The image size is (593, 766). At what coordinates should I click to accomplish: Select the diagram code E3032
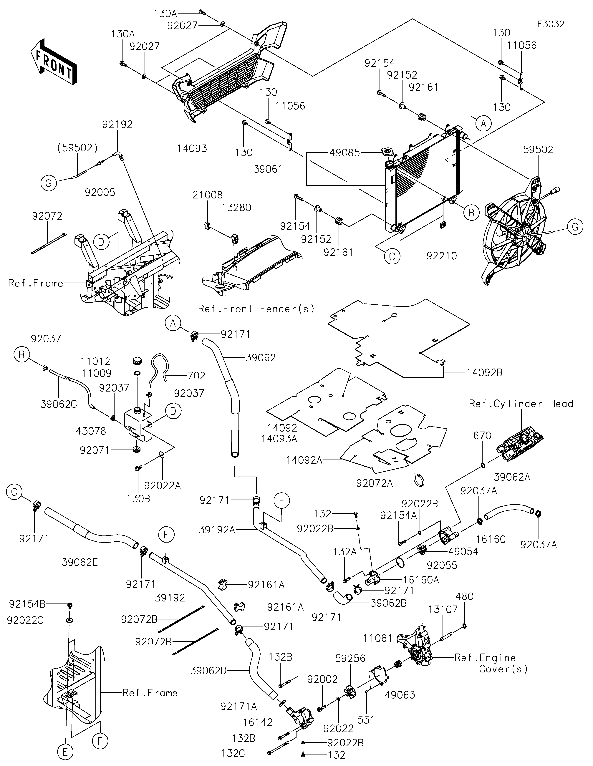pyautogui.click(x=551, y=24)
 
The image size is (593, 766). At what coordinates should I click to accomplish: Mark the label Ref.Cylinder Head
pyautogui.click(x=521, y=404)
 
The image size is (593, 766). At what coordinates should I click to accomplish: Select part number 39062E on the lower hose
pyautogui.click(x=80, y=562)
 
